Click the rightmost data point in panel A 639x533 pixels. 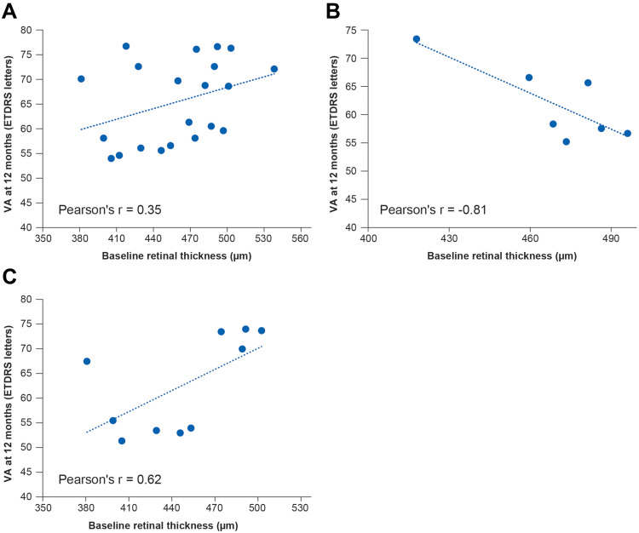point(274,69)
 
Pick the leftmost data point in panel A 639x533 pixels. point(81,79)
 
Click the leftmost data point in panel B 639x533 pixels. point(417,39)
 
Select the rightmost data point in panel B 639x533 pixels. point(627,134)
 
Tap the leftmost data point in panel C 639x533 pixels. point(87,362)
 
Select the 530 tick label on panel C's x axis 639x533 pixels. point(300,509)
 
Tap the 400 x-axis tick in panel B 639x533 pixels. point(368,240)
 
